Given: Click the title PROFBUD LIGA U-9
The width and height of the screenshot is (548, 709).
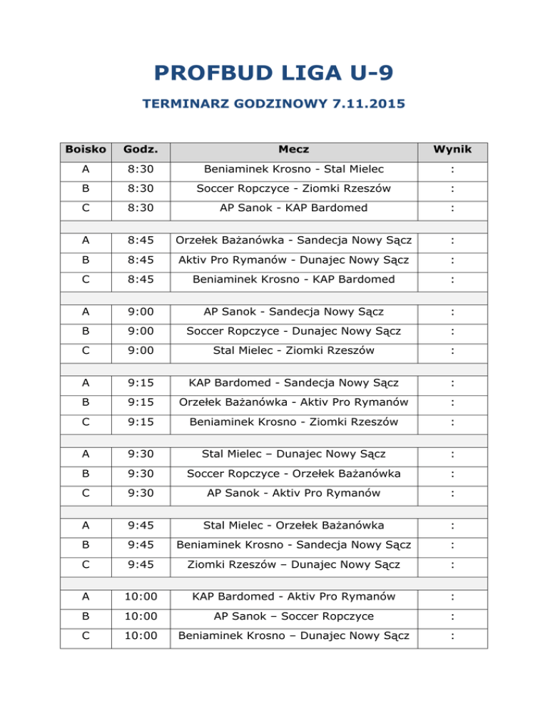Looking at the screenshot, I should pos(273,73).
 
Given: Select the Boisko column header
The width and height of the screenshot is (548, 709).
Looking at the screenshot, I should pos(86,150).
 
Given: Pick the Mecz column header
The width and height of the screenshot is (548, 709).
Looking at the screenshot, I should pos(294,150).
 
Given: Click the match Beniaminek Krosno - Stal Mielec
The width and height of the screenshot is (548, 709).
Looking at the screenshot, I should pos(294,170).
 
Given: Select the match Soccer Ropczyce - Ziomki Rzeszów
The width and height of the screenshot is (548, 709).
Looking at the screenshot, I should pos(294,189).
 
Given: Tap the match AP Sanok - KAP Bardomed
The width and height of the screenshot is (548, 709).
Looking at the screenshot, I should pos(294,208).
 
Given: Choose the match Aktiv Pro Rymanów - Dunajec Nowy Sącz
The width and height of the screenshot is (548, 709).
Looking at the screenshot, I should pos(294,260).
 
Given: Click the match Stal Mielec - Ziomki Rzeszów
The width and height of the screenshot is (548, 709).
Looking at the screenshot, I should pos(294,351).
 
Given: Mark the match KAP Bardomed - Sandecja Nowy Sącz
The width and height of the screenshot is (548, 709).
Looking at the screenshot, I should pos(294,384).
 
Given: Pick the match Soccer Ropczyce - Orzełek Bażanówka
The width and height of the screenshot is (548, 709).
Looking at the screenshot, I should pos(294,474).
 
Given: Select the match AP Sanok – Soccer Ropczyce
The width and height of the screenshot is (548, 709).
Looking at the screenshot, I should pos(294,616).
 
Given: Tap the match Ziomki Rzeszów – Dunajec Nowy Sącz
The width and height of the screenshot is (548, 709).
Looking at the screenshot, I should pos(294,565).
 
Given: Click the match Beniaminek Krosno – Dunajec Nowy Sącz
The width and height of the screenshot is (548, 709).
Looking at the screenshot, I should pos(294,636).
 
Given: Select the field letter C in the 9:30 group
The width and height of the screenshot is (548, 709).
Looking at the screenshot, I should pos(86,493).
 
